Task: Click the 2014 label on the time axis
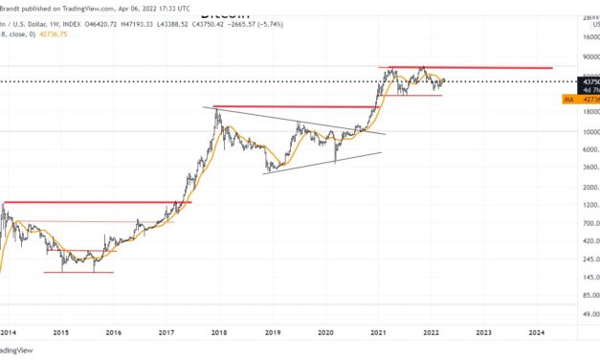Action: coord(8,332)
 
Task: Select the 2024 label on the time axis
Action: coord(536,332)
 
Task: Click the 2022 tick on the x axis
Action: coord(431,332)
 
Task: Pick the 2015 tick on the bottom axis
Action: coord(60,332)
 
